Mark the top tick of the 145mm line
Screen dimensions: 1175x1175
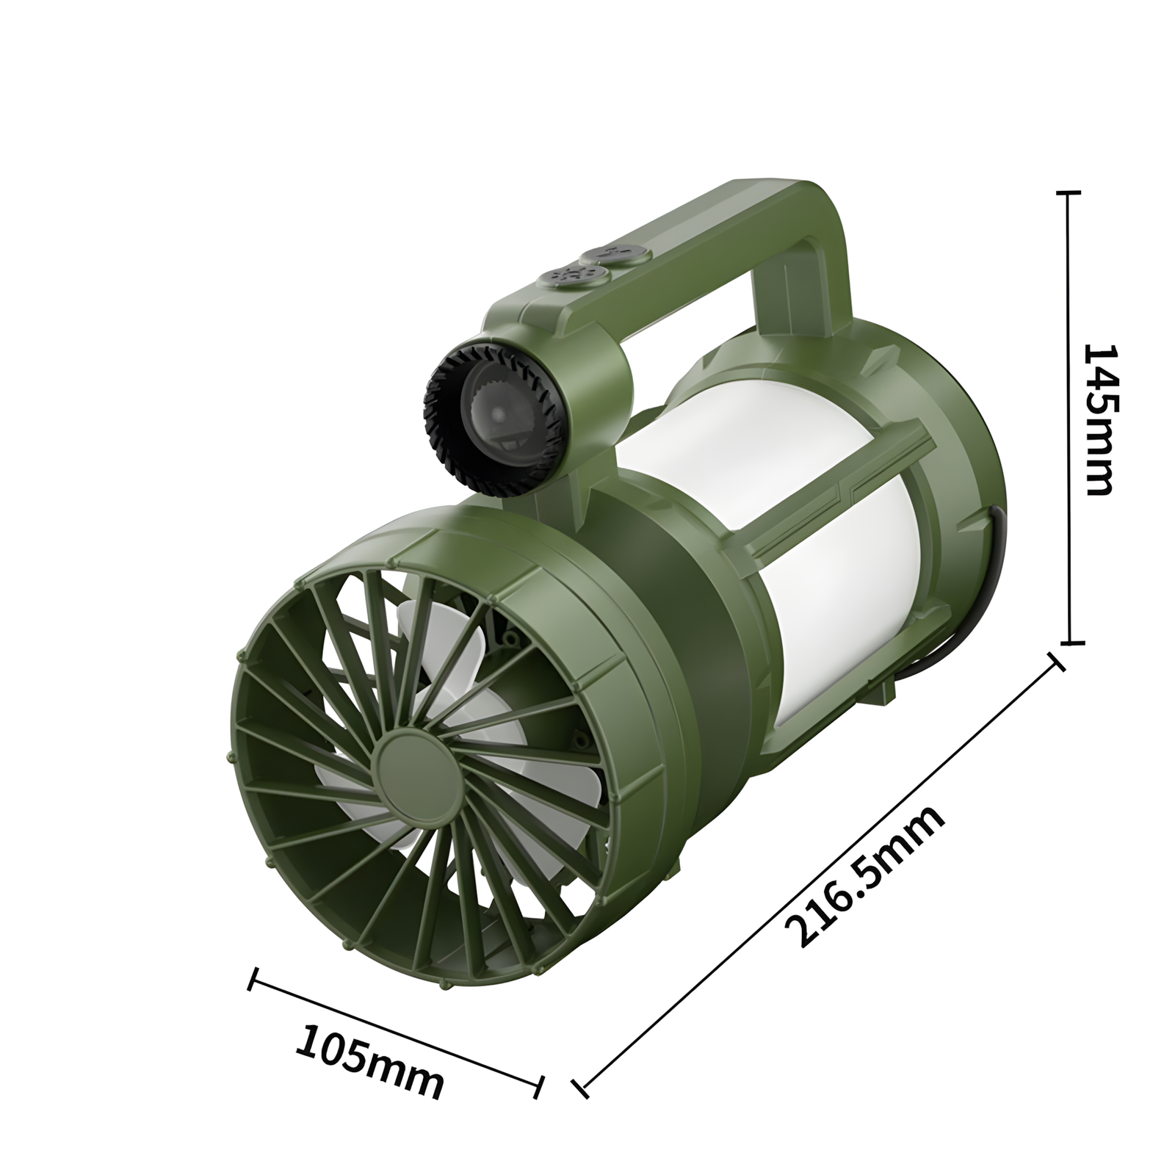[1069, 192]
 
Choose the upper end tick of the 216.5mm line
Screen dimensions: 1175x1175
[1058, 660]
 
